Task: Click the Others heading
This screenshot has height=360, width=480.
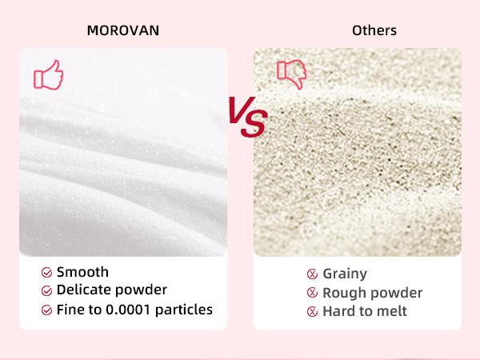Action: [374, 31]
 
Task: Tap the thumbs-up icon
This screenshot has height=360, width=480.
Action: [48, 75]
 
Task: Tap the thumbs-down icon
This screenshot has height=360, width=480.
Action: [291, 74]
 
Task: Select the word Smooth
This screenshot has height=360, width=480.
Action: [83, 272]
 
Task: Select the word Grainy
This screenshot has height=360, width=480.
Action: [345, 274]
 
